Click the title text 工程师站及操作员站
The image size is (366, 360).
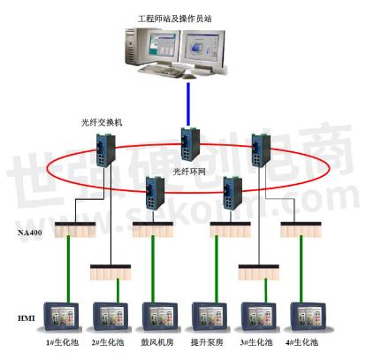(x=183, y=17)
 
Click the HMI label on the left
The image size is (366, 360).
(x=27, y=316)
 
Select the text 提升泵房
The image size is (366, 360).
(x=207, y=342)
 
